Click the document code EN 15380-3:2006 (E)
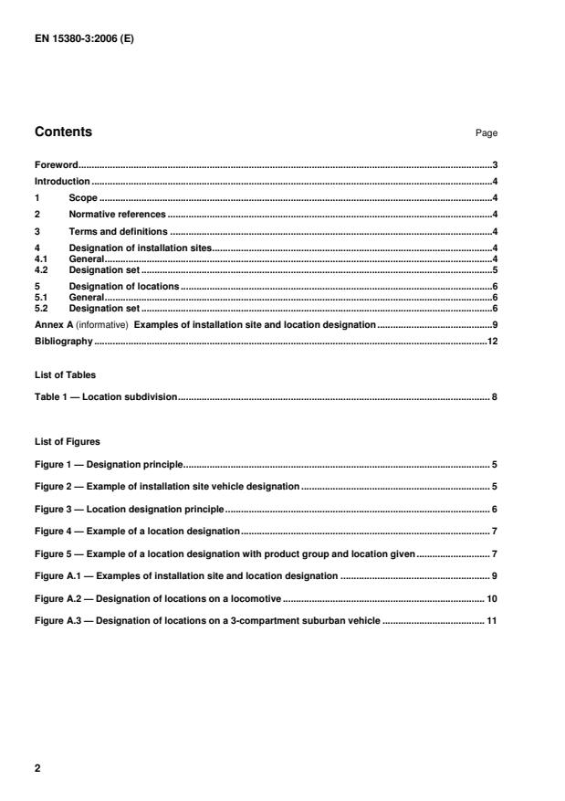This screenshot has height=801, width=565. [x=84, y=40]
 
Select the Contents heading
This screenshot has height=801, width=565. [x=63, y=132]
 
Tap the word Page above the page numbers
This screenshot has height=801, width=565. [x=486, y=133]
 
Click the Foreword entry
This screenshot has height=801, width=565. [x=56, y=165]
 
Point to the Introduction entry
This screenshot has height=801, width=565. [x=61, y=181]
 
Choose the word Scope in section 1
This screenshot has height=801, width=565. [x=83, y=197]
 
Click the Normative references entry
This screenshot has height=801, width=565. [x=117, y=214]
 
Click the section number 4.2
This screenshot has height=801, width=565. [x=42, y=270]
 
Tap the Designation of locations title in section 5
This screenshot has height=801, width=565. [x=123, y=287]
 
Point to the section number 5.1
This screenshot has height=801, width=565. [x=42, y=297]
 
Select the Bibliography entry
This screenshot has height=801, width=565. [x=63, y=341]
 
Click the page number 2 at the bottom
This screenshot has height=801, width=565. [x=38, y=768]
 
